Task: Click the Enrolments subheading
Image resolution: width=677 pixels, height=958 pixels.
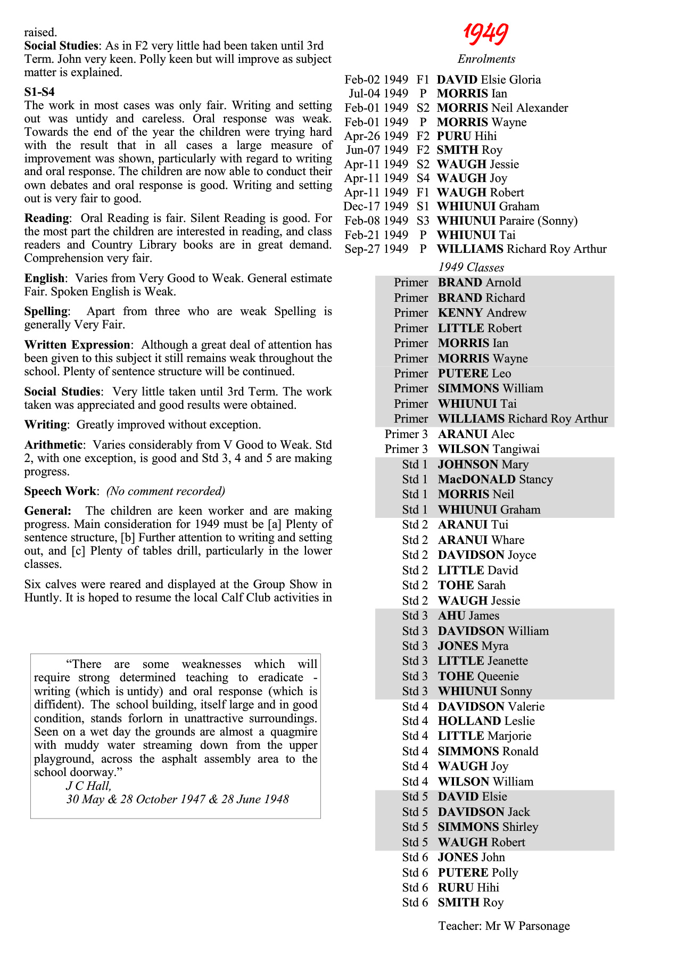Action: [x=486, y=59]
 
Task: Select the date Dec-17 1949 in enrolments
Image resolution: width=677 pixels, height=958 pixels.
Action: [x=376, y=207]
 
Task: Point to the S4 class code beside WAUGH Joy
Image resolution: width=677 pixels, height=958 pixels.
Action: [x=423, y=178]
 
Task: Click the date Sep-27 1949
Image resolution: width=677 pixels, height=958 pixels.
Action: [x=376, y=249]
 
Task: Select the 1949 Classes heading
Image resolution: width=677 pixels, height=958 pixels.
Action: [x=471, y=267]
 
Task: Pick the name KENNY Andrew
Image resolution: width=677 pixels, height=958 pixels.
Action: [x=482, y=313]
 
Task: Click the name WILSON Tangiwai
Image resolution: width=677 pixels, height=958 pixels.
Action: [x=488, y=449]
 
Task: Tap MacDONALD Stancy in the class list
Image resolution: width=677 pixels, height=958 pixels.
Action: [x=495, y=480]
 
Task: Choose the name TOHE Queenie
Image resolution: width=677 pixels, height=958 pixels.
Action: [x=478, y=676]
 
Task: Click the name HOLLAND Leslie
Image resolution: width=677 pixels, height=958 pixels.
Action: [x=486, y=721]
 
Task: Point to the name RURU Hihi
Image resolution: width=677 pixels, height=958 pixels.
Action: [x=468, y=888]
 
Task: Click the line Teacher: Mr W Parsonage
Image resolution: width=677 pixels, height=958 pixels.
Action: [x=503, y=926]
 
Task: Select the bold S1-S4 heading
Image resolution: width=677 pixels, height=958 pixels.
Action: [x=39, y=92]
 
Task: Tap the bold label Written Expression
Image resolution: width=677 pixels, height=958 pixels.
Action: [x=77, y=345]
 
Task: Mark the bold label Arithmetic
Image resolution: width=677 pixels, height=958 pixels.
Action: [x=53, y=445]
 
